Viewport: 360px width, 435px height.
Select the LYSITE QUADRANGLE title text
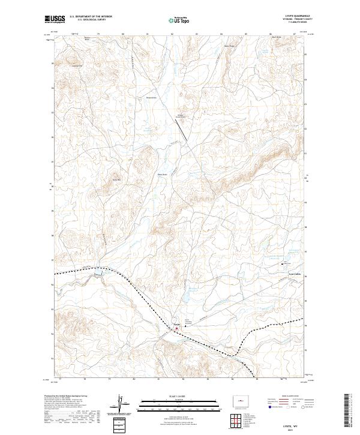(298, 16)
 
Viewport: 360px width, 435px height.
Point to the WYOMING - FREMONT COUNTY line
(298, 19)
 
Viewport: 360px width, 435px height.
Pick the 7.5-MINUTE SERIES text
(298, 22)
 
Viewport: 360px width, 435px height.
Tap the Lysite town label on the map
(176, 324)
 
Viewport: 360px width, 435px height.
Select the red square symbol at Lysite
(176, 328)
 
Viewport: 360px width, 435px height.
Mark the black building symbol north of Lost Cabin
(284, 262)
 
